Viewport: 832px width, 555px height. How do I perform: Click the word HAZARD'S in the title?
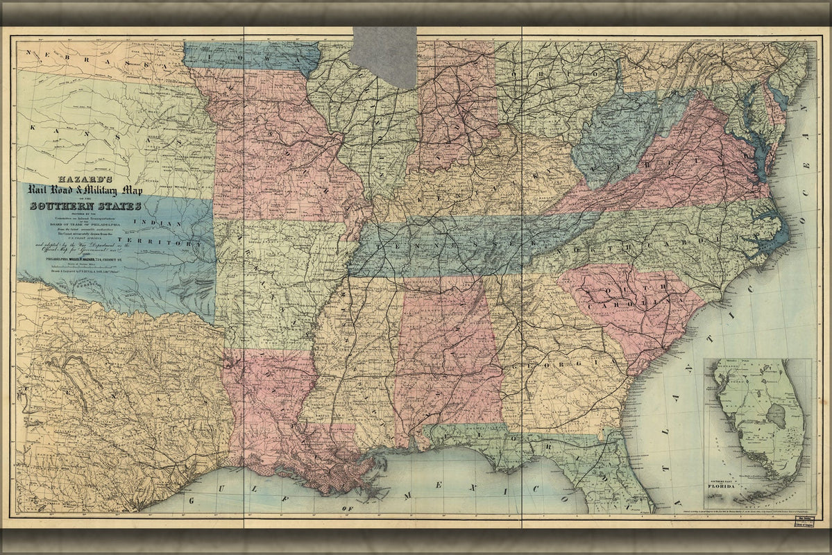(84, 178)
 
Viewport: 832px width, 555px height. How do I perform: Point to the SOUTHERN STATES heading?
(85, 205)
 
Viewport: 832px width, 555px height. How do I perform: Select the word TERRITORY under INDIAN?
(173, 244)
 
